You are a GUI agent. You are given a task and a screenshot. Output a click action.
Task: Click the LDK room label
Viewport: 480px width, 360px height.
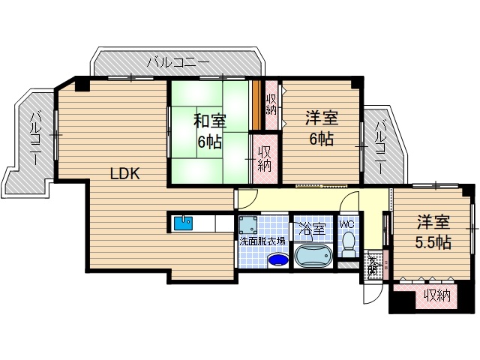point(125,174)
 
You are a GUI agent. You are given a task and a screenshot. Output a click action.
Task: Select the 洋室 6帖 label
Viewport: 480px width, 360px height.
point(320,127)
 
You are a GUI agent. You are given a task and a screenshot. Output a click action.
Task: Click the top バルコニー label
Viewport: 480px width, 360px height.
point(178,61)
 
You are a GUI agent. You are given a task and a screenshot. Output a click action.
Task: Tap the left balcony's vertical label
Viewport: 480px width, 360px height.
point(35,134)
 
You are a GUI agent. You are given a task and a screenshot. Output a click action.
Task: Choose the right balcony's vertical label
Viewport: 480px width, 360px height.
point(381,146)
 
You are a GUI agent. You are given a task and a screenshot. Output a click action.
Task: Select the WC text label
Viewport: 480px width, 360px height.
point(346,223)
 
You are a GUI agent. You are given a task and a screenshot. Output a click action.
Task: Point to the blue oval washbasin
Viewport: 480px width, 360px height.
point(277,260)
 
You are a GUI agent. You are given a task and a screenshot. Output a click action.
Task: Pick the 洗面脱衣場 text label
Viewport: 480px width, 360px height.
point(262,241)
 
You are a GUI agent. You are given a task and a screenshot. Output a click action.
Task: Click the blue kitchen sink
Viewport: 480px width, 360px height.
point(184,223)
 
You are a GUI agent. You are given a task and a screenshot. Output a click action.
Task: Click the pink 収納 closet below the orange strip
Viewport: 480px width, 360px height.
point(265,156)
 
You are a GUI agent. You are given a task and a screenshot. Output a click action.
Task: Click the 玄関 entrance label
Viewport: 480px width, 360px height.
point(373,265)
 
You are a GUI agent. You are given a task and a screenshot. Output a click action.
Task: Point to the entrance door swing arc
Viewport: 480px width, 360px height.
point(369,295)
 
